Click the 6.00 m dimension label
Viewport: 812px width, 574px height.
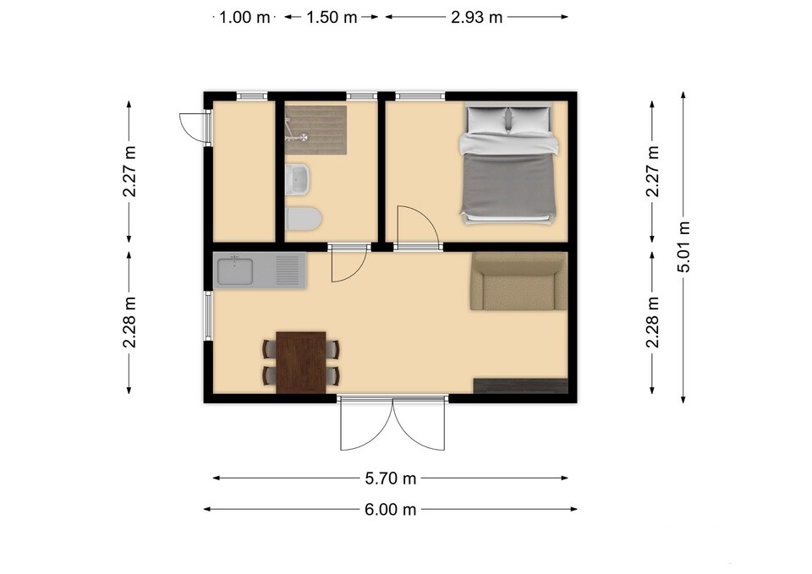[x=391, y=509]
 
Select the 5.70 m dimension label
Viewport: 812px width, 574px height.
[x=391, y=478]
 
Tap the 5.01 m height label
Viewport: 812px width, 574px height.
[x=683, y=246]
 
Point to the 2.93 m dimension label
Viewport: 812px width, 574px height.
[x=476, y=17]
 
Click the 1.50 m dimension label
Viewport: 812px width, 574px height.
[x=332, y=17]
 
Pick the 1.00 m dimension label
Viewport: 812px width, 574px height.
[x=244, y=17]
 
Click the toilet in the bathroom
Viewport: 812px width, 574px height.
[x=304, y=218]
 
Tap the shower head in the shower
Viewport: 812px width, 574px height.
[x=303, y=137]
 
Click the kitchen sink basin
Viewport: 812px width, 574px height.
[x=235, y=271]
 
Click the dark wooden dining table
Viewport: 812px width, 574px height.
[x=301, y=363]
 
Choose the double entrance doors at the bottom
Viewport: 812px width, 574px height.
[x=392, y=424]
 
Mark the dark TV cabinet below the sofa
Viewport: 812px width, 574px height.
[x=521, y=386]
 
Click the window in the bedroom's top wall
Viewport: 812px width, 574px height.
[x=420, y=96]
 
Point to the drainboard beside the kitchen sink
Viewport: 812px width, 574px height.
[x=288, y=271]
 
